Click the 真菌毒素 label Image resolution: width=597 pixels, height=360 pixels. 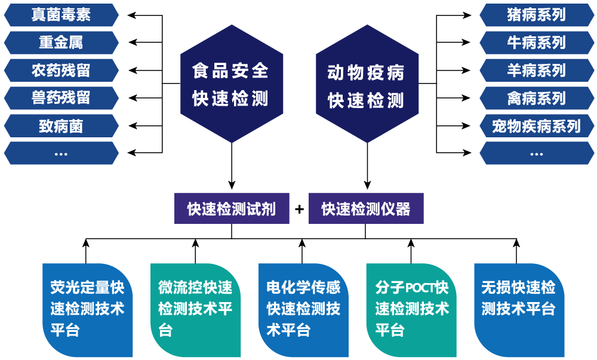tap(61, 15)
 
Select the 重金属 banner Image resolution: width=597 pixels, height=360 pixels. tap(61, 43)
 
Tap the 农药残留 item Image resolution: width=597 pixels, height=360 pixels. tap(61, 70)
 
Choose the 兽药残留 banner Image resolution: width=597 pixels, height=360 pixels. tap(61, 98)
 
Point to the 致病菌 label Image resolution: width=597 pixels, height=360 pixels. tap(61, 126)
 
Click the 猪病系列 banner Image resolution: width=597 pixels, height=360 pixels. tap(536, 15)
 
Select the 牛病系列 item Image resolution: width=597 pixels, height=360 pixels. tap(536, 43)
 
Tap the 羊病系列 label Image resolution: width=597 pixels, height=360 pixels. tap(536, 70)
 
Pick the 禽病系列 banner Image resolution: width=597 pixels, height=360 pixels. tap(536, 98)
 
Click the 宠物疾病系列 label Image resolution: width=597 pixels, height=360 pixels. tap(536, 126)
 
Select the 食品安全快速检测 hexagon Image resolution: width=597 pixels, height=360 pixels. tap(231, 84)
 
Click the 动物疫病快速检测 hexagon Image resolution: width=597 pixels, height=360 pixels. tap(367, 84)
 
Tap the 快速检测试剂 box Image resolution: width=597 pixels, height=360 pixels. tap(232, 208)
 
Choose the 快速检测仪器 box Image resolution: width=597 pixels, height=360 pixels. tap(366, 208)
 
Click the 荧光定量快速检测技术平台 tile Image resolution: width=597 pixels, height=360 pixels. tap(88, 310)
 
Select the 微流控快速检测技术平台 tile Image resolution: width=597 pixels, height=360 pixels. tap(195, 310)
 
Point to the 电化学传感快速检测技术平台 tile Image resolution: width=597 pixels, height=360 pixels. tap(303, 310)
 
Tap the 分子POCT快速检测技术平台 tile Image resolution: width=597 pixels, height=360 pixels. tap(411, 310)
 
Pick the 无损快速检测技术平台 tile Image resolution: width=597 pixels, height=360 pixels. tap(519, 310)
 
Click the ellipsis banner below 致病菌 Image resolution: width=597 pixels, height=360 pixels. tap(61, 153)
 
